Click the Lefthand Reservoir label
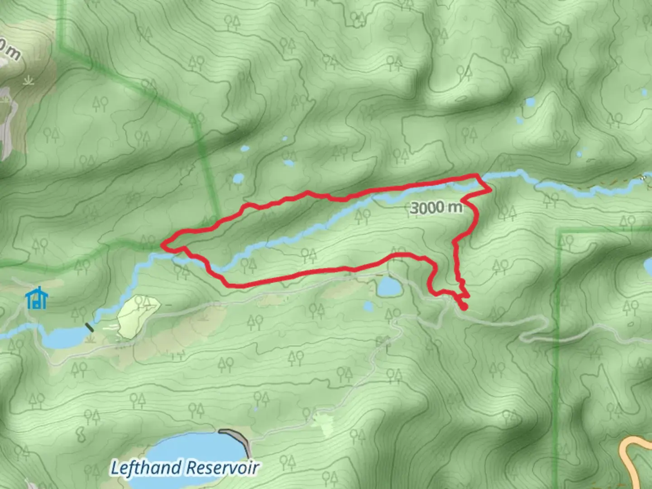(185, 468)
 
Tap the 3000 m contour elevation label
(436, 208)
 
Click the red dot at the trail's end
(464, 307)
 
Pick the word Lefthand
(147, 468)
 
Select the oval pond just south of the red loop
(389, 287)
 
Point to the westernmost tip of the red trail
(163, 245)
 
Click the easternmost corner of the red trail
(490, 191)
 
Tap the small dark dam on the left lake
(89, 327)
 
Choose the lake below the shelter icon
(63, 337)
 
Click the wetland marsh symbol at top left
(29, 81)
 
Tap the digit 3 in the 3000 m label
(414, 208)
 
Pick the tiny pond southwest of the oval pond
(368, 307)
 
